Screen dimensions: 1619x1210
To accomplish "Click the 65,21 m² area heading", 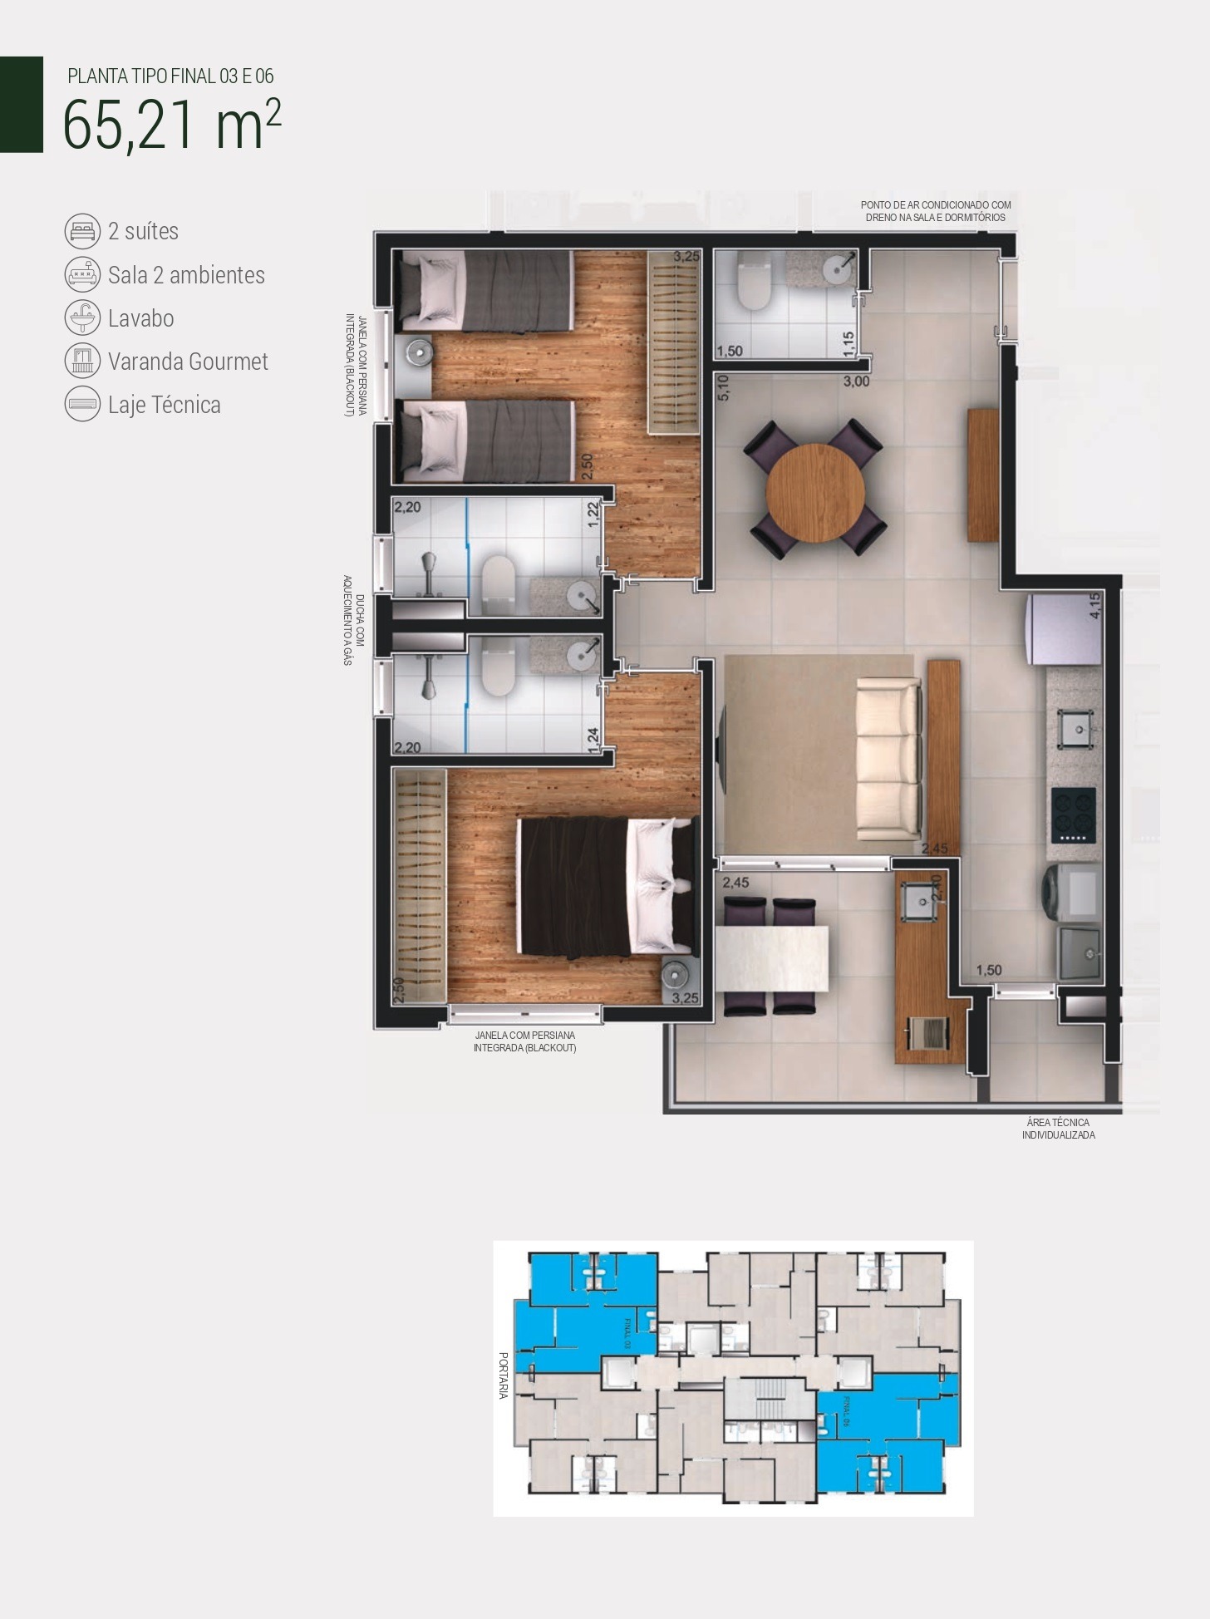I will (171, 125).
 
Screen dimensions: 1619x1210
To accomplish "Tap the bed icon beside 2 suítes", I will (82, 231).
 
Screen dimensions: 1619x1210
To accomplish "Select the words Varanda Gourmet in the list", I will (188, 362).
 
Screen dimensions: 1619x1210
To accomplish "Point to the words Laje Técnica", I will (165, 405).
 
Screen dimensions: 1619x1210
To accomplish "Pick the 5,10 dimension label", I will (722, 389).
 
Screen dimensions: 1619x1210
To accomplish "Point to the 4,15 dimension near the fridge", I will (1095, 605).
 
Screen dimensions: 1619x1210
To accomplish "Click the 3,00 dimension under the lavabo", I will (856, 381).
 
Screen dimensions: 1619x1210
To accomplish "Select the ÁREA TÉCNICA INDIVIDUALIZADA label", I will (1058, 1129).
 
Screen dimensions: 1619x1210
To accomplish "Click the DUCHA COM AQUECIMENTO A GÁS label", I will (354, 620).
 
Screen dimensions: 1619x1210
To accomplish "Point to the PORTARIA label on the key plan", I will (503, 1375).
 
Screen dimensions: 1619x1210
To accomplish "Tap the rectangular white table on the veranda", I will (773, 957).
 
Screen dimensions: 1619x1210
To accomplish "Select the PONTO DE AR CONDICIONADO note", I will (935, 211).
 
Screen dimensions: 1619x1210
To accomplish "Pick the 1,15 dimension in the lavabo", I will (848, 344).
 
